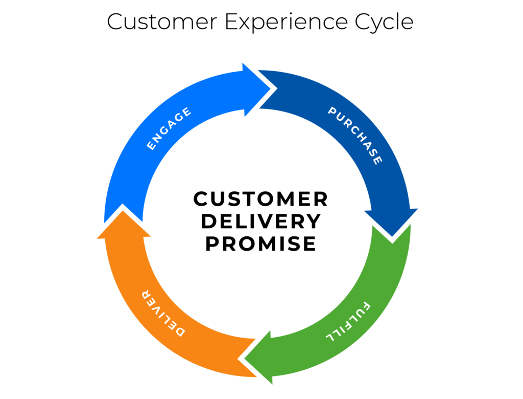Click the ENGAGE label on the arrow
(x=169, y=128)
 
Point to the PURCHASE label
(x=355, y=136)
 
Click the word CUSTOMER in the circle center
(x=260, y=199)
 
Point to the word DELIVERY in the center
(x=260, y=221)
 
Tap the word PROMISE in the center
(x=260, y=244)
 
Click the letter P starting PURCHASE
(x=332, y=112)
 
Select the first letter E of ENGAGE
(x=151, y=146)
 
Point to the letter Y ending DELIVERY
(x=314, y=221)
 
